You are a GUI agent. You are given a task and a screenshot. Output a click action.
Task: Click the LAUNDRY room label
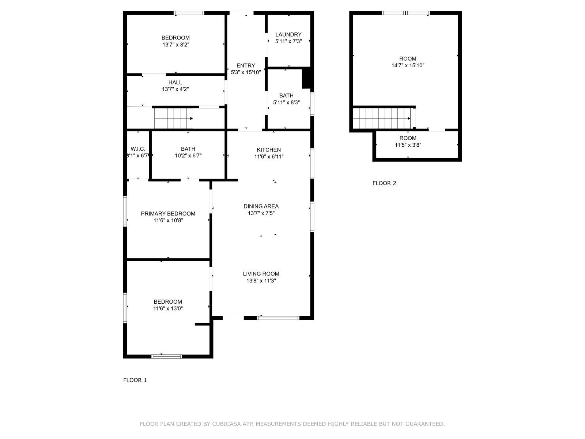point(288,35)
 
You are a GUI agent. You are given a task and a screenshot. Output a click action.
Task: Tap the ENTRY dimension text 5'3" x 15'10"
point(246,72)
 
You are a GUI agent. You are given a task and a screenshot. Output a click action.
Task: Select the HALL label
point(175,82)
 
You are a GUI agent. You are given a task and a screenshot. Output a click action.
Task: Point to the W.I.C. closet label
point(138,149)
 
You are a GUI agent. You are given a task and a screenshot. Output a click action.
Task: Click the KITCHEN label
point(269,150)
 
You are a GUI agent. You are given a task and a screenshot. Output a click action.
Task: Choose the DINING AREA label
point(261,206)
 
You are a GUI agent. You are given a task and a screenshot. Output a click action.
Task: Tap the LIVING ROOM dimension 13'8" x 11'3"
point(261,281)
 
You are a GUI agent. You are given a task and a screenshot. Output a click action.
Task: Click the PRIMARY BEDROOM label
point(168,214)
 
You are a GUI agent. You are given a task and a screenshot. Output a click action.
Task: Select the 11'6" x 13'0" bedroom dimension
point(168,309)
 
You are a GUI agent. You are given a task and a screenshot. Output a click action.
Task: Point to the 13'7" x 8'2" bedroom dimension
point(175,45)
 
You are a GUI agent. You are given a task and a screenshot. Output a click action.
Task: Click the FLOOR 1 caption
point(135,380)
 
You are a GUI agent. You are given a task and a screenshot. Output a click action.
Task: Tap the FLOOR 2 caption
point(384,183)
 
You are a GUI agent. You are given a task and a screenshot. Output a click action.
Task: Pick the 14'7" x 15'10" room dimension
point(408,65)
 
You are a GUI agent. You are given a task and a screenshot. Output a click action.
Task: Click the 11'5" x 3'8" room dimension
point(408,145)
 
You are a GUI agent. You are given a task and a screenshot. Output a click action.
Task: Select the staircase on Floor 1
point(174,118)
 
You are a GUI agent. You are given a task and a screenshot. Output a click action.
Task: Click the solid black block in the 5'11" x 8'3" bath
point(306,78)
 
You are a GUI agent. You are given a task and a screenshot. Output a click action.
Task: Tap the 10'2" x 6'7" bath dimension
point(188,156)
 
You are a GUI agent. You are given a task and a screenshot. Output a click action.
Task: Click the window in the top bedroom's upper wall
point(189,13)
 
